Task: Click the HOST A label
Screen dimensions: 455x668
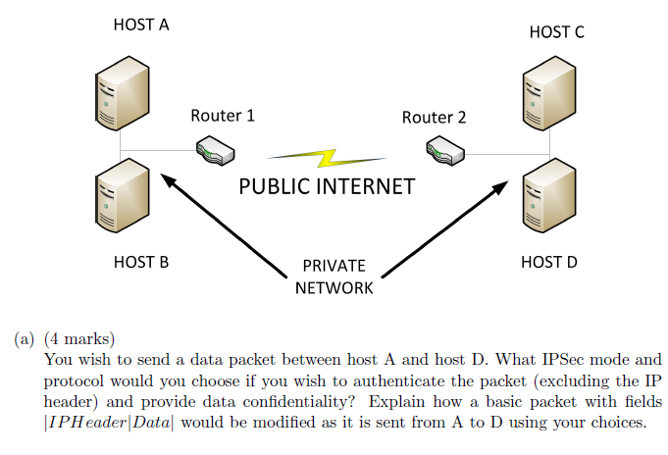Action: point(141,25)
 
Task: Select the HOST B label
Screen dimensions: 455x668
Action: point(141,262)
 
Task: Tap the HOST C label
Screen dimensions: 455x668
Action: point(556,32)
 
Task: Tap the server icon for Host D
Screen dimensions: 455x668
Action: point(549,200)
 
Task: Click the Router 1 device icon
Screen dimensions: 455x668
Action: point(215,150)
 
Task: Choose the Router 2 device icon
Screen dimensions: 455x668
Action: point(445,151)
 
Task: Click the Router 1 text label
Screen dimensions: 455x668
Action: point(223,116)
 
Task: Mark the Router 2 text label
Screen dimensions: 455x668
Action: point(435,118)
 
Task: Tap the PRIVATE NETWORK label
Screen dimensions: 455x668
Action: point(334,277)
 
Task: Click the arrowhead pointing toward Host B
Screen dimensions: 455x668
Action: point(170,183)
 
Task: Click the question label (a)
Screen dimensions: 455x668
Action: point(25,340)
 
